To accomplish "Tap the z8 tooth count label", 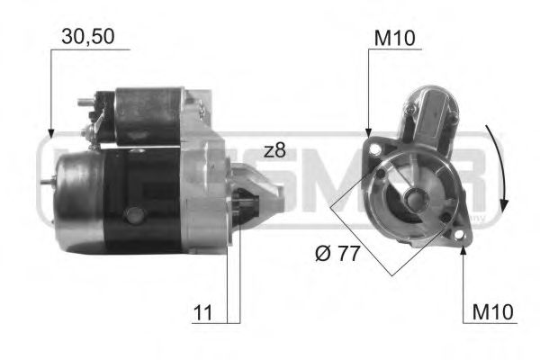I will point(274,150).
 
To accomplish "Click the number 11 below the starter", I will point(204,313).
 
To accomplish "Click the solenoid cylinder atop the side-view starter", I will point(148,114).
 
